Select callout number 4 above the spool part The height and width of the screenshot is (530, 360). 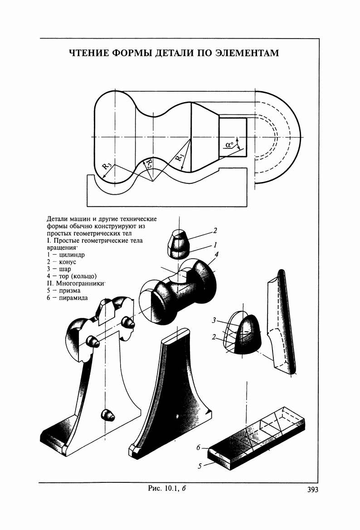pyautogui.click(x=217, y=254)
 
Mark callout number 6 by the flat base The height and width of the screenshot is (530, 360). pyautogui.click(x=198, y=448)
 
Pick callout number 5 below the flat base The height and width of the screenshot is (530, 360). pyautogui.click(x=199, y=466)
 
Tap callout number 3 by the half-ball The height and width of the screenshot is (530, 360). pyautogui.click(x=213, y=321)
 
